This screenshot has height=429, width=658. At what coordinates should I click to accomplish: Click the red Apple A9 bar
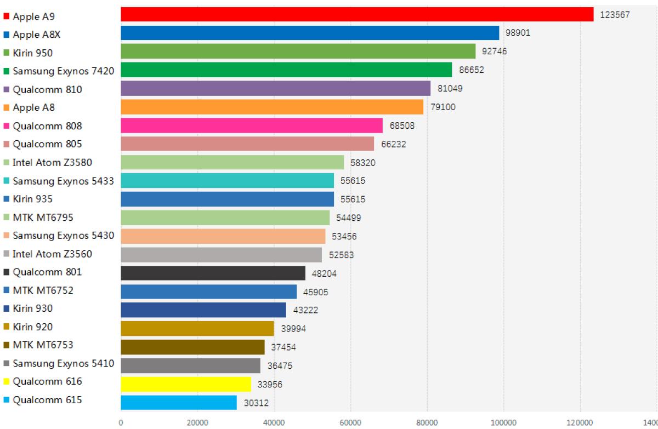(x=357, y=14)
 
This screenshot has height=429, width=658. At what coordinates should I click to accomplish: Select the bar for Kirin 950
(x=298, y=51)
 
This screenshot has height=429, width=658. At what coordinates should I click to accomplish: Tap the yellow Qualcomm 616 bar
(x=186, y=384)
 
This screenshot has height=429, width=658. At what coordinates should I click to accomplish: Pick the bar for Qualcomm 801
(x=213, y=273)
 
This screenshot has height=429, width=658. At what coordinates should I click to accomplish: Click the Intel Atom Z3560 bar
(x=221, y=255)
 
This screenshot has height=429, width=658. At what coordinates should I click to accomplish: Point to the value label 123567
(x=615, y=15)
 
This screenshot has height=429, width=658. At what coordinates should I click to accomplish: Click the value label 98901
(x=518, y=33)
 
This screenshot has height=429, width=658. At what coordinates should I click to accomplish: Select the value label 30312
(x=256, y=403)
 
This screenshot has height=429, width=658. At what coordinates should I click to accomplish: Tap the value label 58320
(x=363, y=163)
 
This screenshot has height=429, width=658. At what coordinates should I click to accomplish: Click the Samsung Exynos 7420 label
(x=63, y=71)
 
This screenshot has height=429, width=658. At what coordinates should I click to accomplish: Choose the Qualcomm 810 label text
(x=47, y=89)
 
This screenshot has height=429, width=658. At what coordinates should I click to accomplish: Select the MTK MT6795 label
(x=43, y=218)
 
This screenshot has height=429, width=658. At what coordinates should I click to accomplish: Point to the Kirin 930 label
(x=33, y=308)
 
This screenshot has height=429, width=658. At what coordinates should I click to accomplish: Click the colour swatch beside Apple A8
(x=7, y=108)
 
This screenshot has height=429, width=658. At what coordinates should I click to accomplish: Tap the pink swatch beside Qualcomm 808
(x=7, y=126)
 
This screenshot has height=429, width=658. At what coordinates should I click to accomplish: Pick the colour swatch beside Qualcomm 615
(x=7, y=400)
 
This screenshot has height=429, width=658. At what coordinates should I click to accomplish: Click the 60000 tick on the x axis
(x=350, y=422)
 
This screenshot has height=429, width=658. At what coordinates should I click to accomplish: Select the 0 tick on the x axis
(x=121, y=422)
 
